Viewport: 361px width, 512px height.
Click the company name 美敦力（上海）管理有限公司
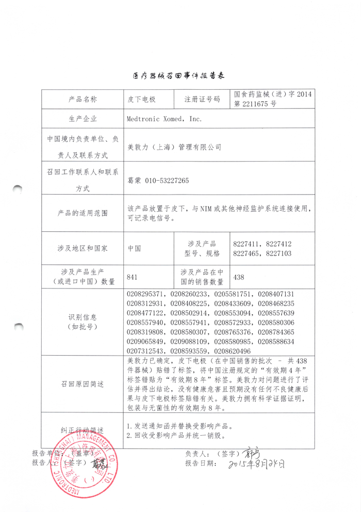(174, 147)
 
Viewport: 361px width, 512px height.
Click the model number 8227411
(248, 244)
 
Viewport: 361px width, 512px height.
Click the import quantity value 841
(132, 277)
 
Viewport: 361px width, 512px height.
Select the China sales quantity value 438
(239, 277)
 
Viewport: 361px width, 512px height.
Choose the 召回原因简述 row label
(83, 384)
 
